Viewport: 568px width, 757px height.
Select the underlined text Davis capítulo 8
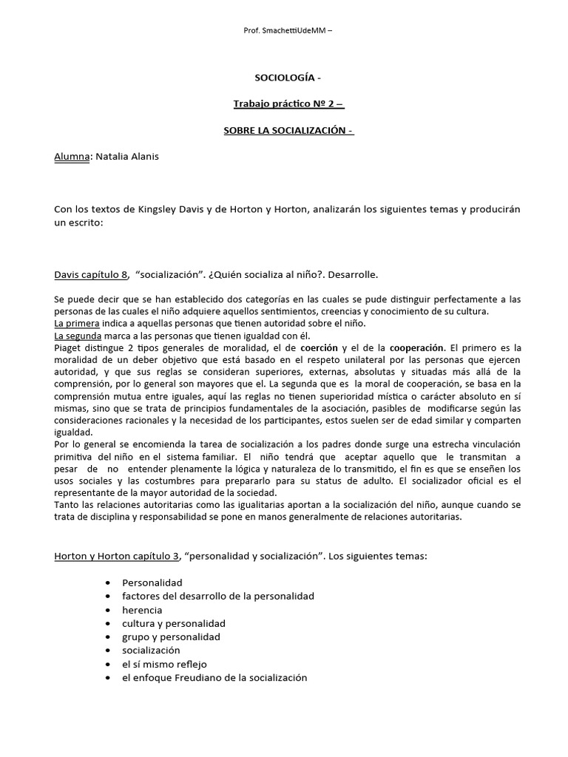tap(91, 275)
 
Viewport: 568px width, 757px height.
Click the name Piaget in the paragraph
tap(69, 347)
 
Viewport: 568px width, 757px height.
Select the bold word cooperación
tap(417, 347)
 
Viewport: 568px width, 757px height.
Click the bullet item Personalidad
tap(152, 583)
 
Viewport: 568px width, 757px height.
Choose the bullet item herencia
tap(142, 610)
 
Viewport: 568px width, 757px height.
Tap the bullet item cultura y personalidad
tap(174, 623)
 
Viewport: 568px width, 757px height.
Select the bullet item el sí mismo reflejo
tap(166, 664)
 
